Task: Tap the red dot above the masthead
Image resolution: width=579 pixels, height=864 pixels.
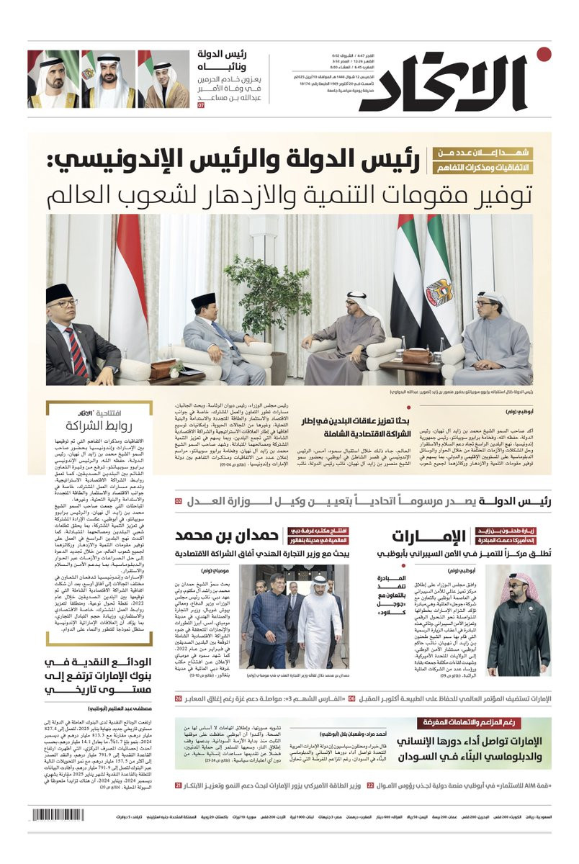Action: (x=544, y=54)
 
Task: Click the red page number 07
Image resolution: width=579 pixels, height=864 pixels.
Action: (x=201, y=105)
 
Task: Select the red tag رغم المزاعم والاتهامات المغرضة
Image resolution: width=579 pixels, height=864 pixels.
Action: (x=483, y=722)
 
